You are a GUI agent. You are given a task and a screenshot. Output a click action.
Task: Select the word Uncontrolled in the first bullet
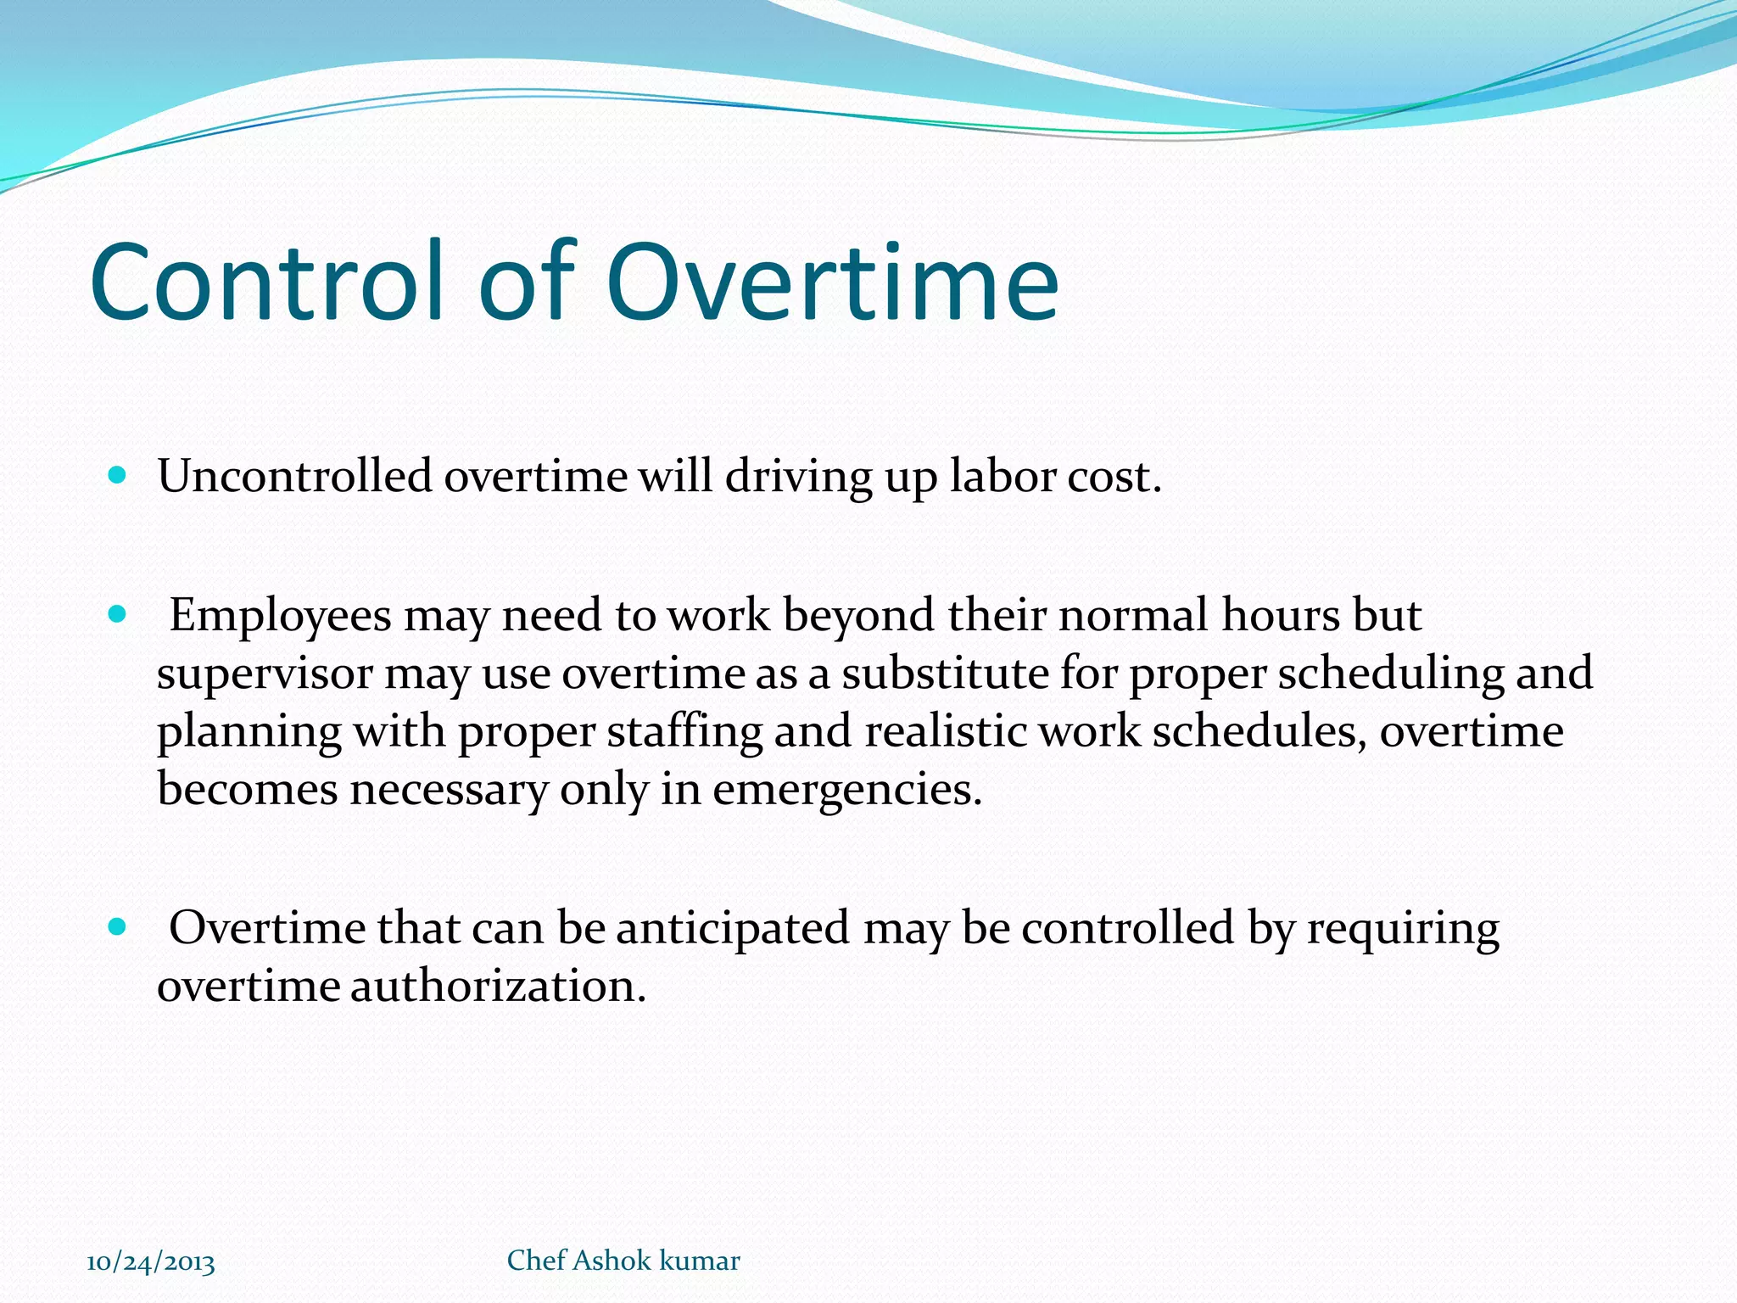294,476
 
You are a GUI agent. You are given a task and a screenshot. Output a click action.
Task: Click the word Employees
280,616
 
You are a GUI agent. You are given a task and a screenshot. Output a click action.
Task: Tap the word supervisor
265,674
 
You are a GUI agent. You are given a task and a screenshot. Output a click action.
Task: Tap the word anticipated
732,928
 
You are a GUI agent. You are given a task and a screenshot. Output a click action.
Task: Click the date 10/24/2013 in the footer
151,1262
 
